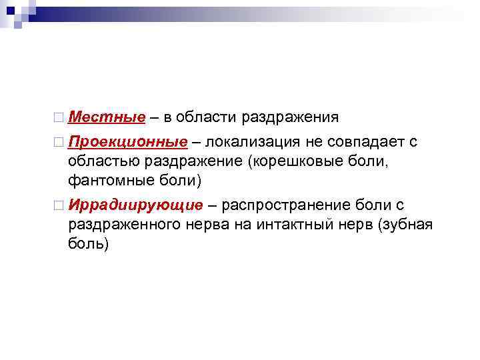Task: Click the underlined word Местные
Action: coord(106,117)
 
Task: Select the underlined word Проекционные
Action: coord(127,142)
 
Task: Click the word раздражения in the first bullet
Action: coord(289,117)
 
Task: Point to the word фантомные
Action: coord(102,179)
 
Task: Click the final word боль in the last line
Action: coord(87,243)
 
